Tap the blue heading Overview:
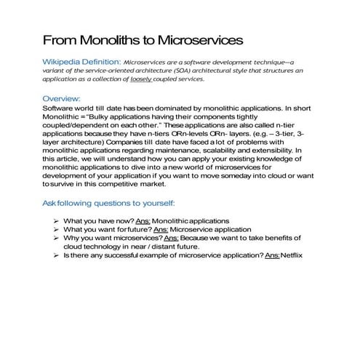pyautogui.click(x=61, y=98)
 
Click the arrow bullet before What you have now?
pyautogui.click(x=56, y=220)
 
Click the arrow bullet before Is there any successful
pyautogui.click(x=56, y=256)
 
